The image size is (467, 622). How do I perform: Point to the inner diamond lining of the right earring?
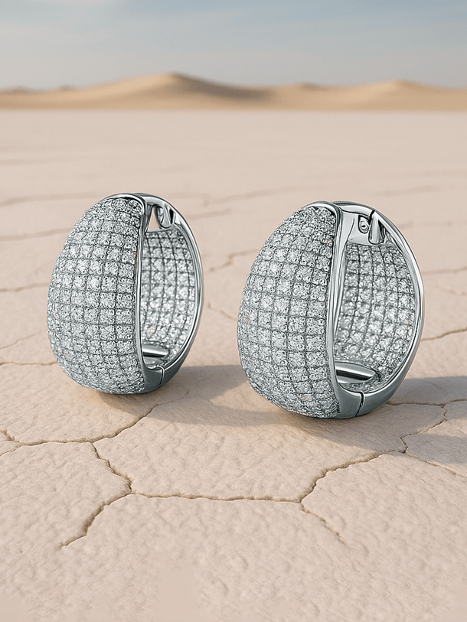(x=379, y=306)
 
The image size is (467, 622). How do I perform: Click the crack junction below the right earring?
(x=302, y=501)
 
